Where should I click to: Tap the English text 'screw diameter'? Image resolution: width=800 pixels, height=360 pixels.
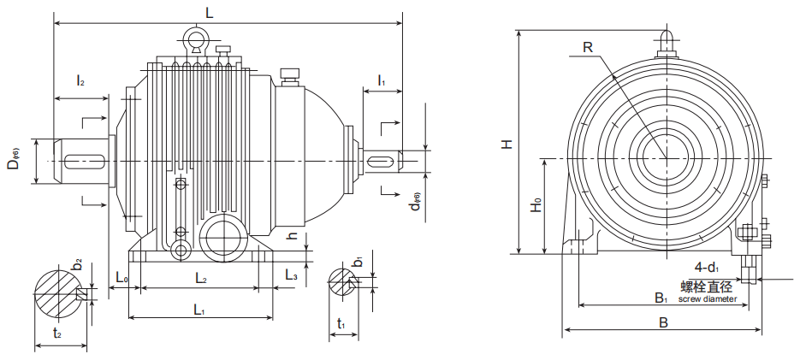pyautogui.click(x=707, y=299)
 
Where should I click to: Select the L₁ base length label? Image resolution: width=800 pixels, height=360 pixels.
pyautogui.click(x=199, y=309)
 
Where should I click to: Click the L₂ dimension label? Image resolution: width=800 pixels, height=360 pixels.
pyautogui.click(x=200, y=278)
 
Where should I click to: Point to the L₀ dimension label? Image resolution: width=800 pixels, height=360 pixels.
pyautogui.click(x=121, y=278)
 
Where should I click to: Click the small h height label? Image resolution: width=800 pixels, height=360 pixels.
pyautogui.click(x=292, y=237)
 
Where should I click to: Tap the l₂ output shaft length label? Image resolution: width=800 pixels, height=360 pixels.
pyautogui.click(x=80, y=81)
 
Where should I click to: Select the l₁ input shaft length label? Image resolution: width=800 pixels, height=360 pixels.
pyautogui.click(x=381, y=81)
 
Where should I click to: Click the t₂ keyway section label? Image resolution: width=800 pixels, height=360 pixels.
pyautogui.click(x=56, y=333)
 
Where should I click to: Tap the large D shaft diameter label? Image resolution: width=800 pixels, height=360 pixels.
pyautogui.click(x=15, y=160)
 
